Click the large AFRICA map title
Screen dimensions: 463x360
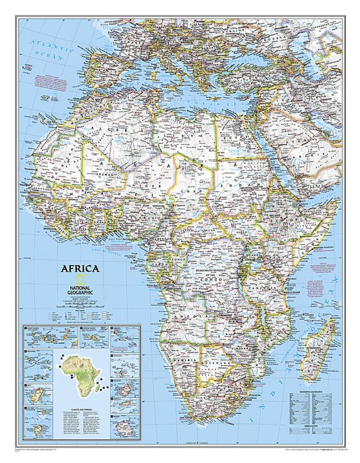coord(82,267)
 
